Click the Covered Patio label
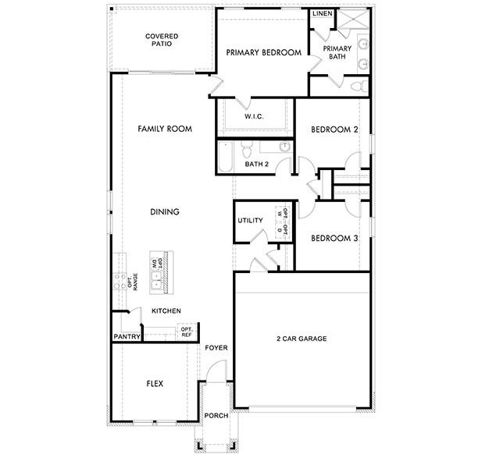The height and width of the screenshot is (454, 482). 162,40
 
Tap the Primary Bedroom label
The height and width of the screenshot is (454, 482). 263,52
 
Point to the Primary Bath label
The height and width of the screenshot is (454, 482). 338,52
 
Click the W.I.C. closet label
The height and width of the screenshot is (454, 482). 254,116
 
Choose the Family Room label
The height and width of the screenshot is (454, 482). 165,129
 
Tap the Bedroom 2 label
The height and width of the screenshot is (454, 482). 334,129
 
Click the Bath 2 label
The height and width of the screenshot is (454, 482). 256,164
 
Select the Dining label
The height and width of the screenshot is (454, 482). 165,211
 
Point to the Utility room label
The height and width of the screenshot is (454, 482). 250,221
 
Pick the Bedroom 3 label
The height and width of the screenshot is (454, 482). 334,238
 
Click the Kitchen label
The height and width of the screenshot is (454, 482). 166,310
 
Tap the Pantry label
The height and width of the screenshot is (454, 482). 127,337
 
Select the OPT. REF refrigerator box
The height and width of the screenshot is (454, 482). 187,331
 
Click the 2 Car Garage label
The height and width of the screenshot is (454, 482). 301,339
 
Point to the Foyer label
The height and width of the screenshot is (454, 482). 216,348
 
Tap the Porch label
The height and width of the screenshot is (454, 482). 216,416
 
